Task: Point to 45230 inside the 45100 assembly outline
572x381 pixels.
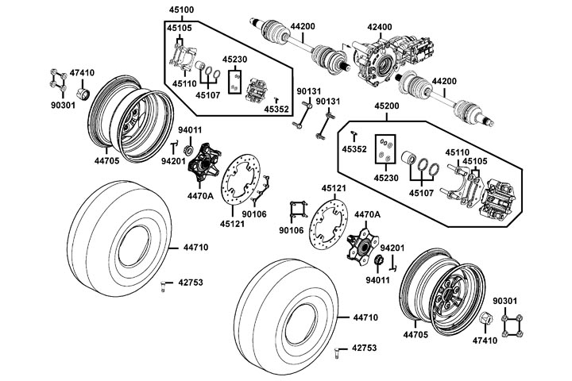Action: (x=234, y=59)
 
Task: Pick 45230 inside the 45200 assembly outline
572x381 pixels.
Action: (x=385, y=179)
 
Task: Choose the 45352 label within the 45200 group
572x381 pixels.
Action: (x=354, y=148)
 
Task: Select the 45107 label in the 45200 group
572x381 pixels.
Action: (x=420, y=191)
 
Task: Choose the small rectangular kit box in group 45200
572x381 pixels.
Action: (x=385, y=151)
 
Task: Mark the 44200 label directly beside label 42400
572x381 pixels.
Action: (x=303, y=26)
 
